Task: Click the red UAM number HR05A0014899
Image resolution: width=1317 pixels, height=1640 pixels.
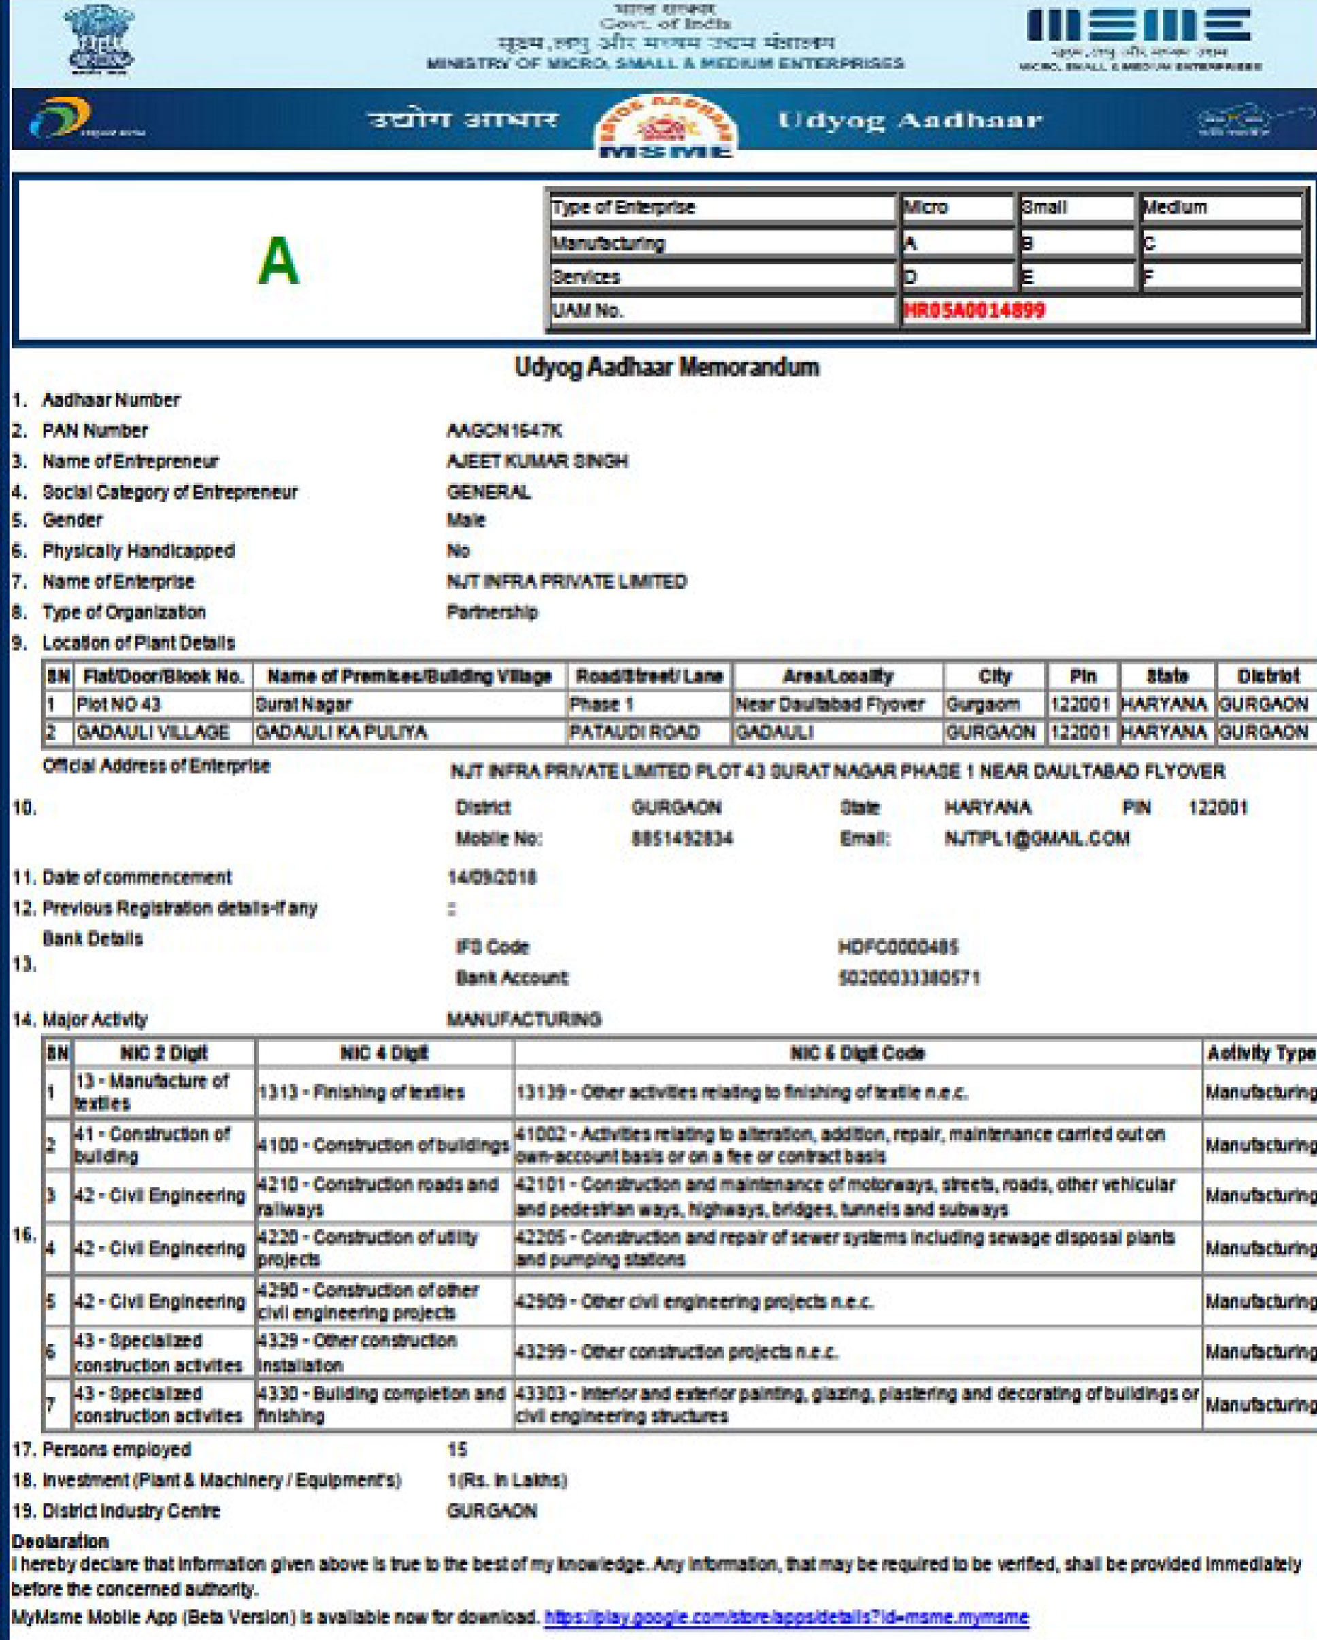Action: coord(974,310)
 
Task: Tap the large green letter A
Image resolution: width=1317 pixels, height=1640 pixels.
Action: coord(278,261)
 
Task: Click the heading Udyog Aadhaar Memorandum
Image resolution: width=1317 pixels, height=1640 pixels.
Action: coord(667,367)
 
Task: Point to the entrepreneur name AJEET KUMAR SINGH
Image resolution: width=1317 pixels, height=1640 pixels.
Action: coord(537,462)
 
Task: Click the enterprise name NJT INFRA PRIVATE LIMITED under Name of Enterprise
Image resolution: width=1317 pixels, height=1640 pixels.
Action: coord(567,582)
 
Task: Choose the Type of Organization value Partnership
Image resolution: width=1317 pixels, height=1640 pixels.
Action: coord(493,613)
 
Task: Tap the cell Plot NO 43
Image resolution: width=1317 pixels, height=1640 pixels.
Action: coord(118,704)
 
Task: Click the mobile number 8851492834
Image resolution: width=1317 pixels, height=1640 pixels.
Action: coord(682,838)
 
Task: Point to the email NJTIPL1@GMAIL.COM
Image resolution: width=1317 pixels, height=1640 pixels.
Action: coord(1037,838)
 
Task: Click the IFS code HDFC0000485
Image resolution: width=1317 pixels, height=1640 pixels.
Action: coord(898,947)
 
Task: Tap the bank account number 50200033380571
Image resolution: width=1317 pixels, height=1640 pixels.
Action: coord(910,978)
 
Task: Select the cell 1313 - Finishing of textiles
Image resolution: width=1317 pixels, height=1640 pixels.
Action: coord(361,1093)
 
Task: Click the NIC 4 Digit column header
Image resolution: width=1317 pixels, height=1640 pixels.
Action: coord(384,1053)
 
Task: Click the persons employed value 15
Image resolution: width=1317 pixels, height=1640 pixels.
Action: coord(457,1450)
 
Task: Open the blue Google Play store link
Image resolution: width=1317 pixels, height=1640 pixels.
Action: coord(786,1617)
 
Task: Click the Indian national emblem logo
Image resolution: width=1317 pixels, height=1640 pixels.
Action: coord(100,39)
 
